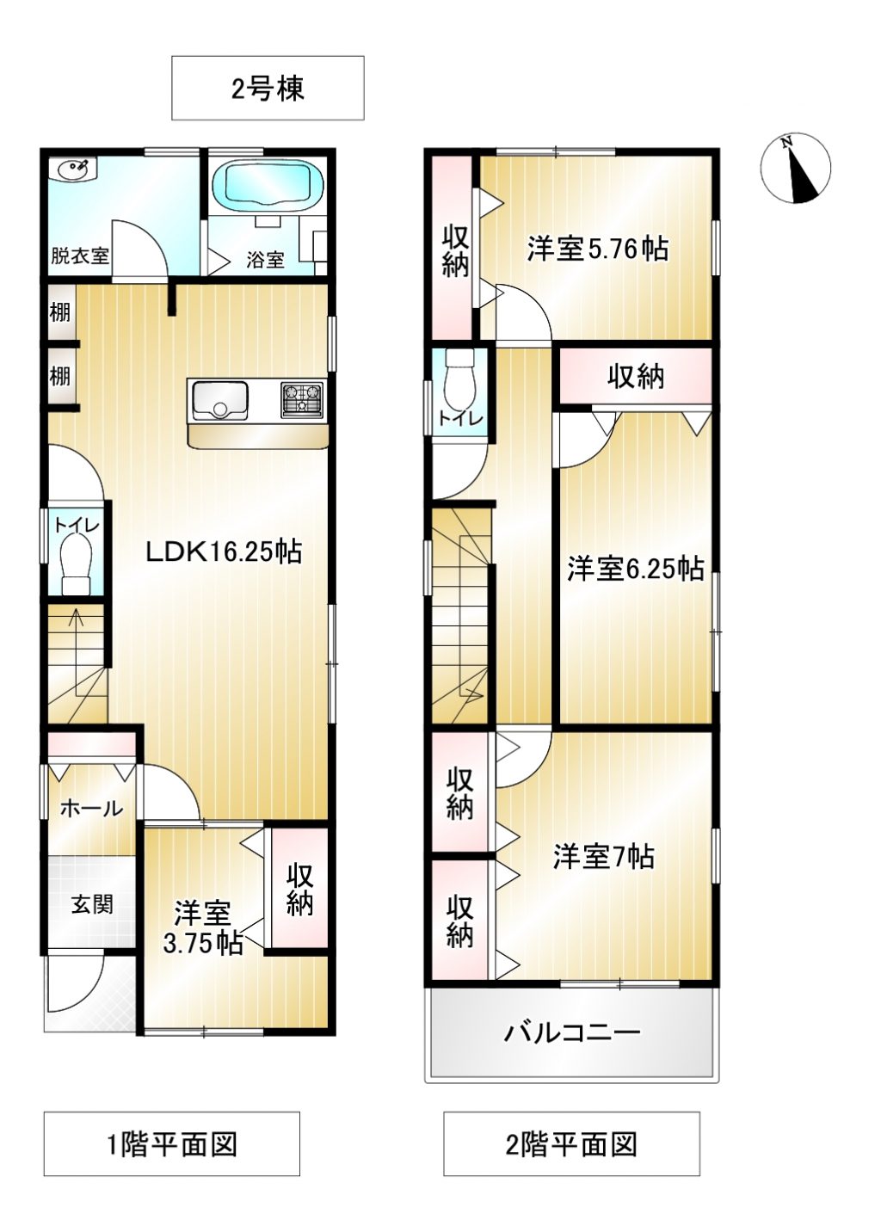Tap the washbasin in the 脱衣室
(x=73, y=168)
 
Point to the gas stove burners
(x=301, y=399)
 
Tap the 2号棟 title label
(x=268, y=89)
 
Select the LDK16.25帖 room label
(x=224, y=551)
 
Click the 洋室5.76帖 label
(x=598, y=249)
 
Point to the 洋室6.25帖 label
(x=636, y=569)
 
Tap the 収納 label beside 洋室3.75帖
(x=299, y=890)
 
